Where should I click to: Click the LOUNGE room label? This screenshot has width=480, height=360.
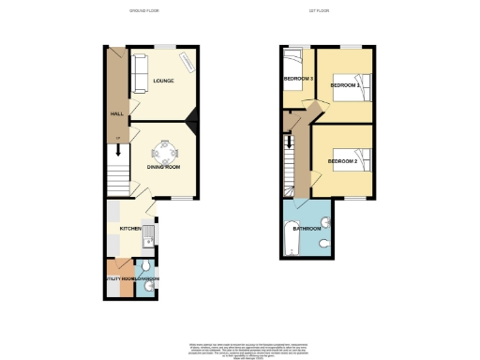[x=164, y=81]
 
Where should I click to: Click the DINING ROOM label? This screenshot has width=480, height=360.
[x=163, y=167]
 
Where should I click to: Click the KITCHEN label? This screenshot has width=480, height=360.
[x=130, y=228]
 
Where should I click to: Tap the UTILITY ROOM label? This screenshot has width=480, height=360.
[x=119, y=279]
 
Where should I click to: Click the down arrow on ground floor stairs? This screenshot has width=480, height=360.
[x=118, y=147]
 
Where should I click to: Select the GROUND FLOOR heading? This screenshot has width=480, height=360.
[x=145, y=10]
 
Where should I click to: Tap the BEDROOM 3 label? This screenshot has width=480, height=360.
[x=298, y=79]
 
